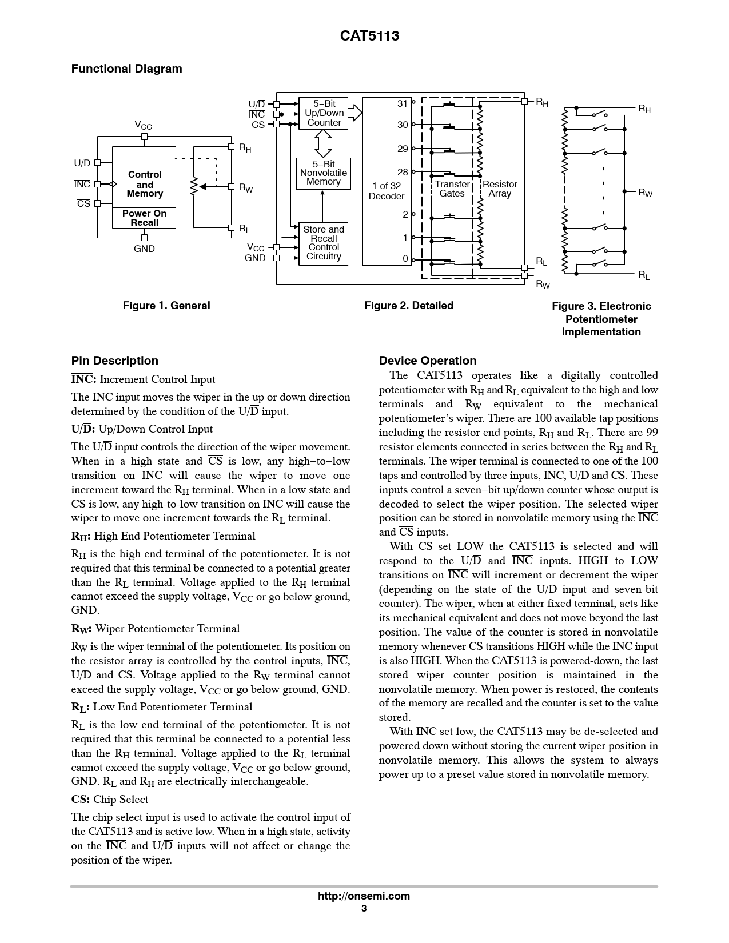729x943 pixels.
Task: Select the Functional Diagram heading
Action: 126,69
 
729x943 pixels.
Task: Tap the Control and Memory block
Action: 144,183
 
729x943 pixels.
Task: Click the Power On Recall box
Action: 144,218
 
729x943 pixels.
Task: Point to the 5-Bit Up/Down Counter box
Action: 324,113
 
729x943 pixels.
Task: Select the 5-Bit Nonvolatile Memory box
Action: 323,173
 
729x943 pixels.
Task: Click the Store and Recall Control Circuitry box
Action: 324,243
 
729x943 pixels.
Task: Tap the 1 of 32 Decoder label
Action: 387,191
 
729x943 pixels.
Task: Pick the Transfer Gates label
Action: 452,189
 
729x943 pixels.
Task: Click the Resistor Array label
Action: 500,189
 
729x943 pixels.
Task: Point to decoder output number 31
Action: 403,103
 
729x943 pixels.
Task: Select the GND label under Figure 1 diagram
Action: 144,249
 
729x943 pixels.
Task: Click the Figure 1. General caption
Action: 166,306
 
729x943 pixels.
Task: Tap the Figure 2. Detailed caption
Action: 409,306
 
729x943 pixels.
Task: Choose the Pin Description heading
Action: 114,361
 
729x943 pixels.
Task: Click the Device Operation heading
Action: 428,361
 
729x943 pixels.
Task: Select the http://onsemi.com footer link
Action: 364,896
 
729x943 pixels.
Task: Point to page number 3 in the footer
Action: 364,909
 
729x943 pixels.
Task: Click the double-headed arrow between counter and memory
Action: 324,143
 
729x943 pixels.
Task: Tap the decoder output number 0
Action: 405,258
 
